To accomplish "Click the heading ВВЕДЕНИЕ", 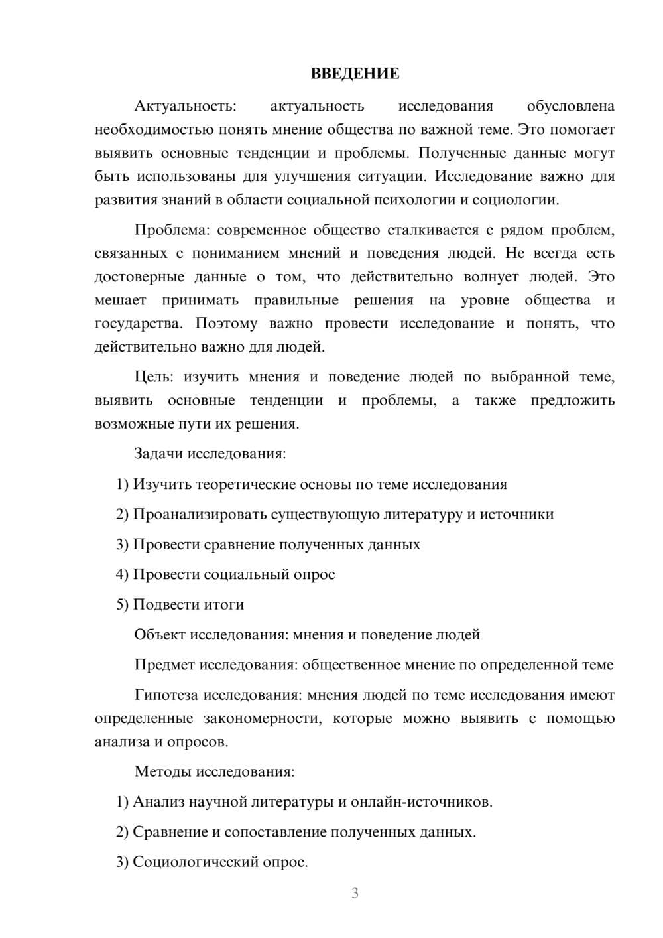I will tap(355, 74).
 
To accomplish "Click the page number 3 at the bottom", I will tap(355, 893).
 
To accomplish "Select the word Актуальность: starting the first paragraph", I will tap(185, 106).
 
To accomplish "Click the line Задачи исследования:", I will tap(210, 454).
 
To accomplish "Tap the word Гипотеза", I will tap(166, 695).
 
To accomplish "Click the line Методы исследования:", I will tap(214, 771).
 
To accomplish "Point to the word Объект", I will tap(160, 635).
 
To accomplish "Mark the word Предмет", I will tap(164, 665).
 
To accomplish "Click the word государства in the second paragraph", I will tap(137, 324).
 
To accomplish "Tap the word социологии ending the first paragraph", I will tap(522, 200).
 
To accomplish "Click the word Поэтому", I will tap(225, 324).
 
